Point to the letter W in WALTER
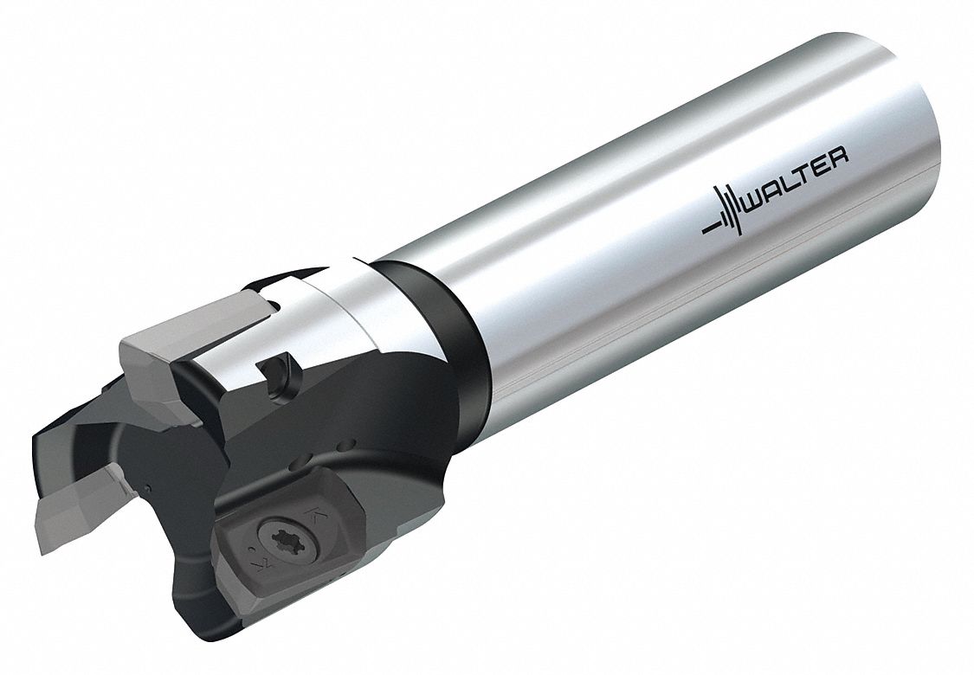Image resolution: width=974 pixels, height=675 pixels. pos(758,193)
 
